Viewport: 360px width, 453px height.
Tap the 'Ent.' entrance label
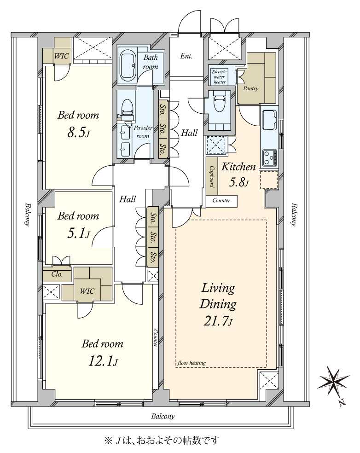click(x=186, y=56)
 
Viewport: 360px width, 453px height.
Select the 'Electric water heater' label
click(x=219, y=76)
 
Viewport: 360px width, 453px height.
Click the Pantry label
click(x=250, y=88)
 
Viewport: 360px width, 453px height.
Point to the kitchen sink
click(x=269, y=120)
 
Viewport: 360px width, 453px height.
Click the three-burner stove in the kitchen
click(x=270, y=158)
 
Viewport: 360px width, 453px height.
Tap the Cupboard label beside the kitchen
click(x=212, y=176)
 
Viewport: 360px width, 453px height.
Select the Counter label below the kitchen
click(x=221, y=200)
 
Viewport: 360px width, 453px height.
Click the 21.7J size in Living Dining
click(x=218, y=321)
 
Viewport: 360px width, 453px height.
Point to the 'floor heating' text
click(x=192, y=363)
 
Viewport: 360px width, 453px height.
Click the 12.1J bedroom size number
click(x=103, y=361)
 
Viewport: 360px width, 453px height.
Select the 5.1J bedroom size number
click(x=78, y=233)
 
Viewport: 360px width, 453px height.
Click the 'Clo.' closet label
click(x=57, y=274)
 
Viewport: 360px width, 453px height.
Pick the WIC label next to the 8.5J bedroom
click(x=62, y=56)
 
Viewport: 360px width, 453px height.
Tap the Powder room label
click(x=143, y=132)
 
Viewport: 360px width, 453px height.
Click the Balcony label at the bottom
click(x=163, y=416)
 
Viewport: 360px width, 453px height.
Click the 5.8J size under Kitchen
click(x=239, y=182)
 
